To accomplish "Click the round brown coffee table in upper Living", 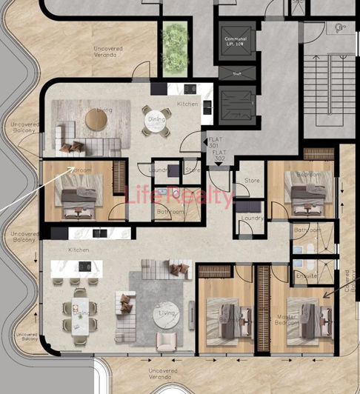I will point(96,118).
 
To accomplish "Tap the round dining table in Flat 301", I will point(156,122).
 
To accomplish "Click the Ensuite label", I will point(307,275).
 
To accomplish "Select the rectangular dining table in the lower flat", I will point(81,314).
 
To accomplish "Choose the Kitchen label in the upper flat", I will point(187,104).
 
